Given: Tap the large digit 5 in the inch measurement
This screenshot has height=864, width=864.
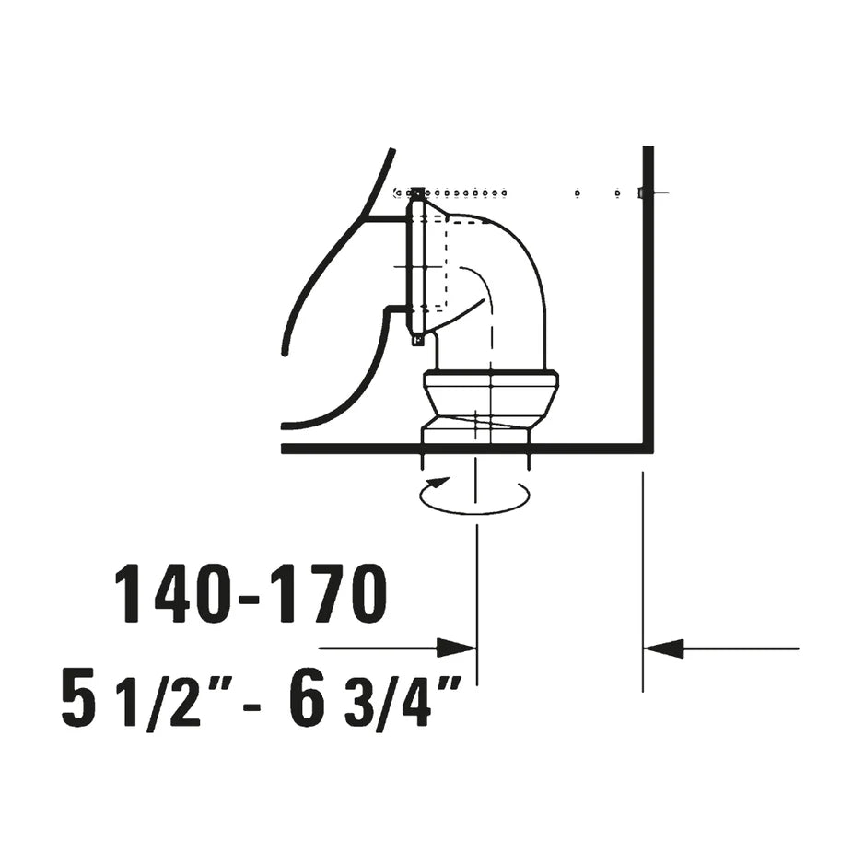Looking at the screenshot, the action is [x=78, y=697].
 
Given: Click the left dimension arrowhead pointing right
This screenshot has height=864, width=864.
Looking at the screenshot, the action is [x=457, y=648].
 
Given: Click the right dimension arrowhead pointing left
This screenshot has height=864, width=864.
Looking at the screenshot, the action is [x=663, y=648].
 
